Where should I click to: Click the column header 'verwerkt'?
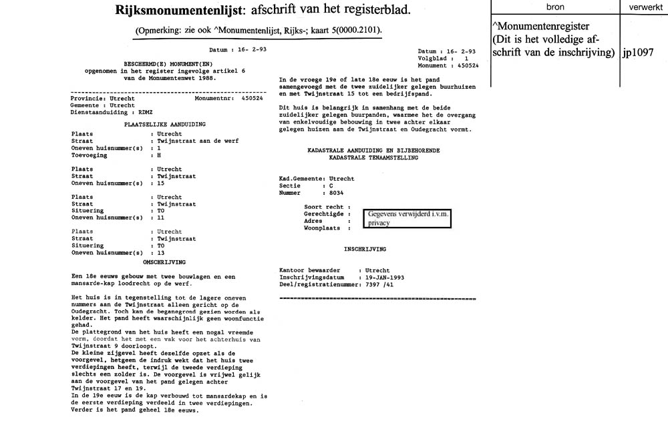tap(646, 7)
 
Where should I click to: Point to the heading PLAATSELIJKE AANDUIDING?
tap(165, 125)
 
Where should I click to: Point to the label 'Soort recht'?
tap(323, 207)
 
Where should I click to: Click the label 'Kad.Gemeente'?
tap(301, 179)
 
